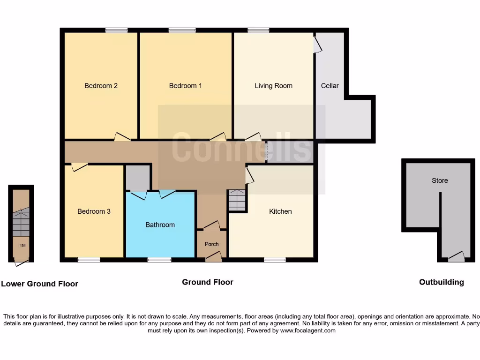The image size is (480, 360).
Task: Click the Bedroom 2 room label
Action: point(101,86)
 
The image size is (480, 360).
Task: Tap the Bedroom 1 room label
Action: point(185,86)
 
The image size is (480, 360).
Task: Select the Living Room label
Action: point(273,86)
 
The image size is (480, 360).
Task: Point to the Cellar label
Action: point(330,86)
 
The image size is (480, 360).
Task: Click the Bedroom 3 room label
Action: point(94,211)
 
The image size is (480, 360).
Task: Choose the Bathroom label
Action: point(160,225)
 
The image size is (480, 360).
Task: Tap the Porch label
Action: point(211,244)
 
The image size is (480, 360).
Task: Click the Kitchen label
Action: point(280,211)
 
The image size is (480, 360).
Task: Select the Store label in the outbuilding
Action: point(440,180)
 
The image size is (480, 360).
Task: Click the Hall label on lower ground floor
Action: point(22,245)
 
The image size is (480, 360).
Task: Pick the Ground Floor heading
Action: point(208,282)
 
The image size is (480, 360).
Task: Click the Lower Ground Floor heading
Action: point(40,284)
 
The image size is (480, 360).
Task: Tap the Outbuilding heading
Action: point(441,282)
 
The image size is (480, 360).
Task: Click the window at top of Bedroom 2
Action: point(116,30)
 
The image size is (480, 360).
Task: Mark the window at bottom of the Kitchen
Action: point(275,260)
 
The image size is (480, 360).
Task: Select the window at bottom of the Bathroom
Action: point(159,260)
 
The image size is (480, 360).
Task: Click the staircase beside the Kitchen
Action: point(237,200)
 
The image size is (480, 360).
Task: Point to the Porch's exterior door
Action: point(214,257)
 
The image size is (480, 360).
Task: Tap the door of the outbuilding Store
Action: point(456,257)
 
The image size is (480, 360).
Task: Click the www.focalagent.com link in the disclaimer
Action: point(308,330)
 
